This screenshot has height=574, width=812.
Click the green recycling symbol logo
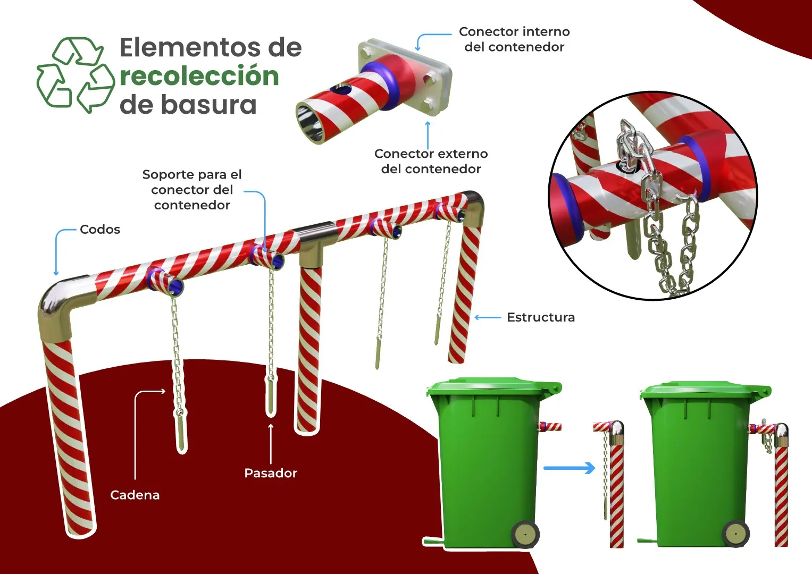(x=75, y=74)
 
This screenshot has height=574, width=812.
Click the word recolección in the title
(x=199, y=76)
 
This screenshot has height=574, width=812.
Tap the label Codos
(x=100, y=230)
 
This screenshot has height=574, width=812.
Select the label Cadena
(x=135, y=495)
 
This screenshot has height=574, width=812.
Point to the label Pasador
(x=270, y=473)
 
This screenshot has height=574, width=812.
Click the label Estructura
(x=540, y=317)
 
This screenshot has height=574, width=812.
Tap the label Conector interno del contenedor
(x=514, y=39)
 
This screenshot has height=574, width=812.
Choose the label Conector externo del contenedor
(x=431, y=161)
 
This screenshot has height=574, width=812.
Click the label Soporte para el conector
(x=192, y=190)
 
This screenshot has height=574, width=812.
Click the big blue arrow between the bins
(x=569, y=468)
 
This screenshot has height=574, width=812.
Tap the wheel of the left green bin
(x=525, y=534)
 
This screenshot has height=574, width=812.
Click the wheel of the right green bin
(x=736, y=533)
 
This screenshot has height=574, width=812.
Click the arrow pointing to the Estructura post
(x=488, y=317)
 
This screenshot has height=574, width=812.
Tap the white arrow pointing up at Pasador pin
(x=271, y=444)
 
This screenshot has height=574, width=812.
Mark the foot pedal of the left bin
(x=432, y=541)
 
